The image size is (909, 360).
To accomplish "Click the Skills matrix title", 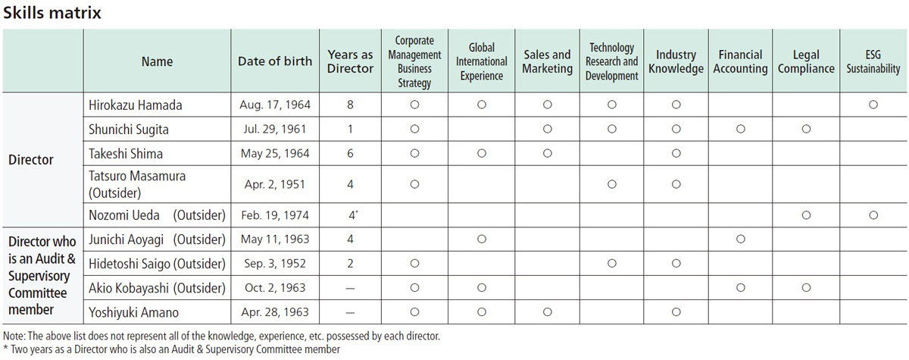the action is pyautogui.click(x=52, y=13).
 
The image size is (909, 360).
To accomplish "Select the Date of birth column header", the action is pyautogui.click(x=275, y=61).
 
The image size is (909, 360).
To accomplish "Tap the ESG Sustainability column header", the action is pyautogui.click(x=873, y=61).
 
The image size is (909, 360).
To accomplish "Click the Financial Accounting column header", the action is pyautogui.click(x=740, y=61).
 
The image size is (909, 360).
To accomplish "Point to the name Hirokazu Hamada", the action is pyautogui.click(x=135, y=105).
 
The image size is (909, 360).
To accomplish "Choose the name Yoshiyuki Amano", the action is pyautogui.click(x=133, y=312).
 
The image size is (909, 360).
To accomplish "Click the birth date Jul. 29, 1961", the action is pyautogui.click(x=275, y=129).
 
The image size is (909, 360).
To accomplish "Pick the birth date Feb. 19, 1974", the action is pyautogui.click(x=275, y=214).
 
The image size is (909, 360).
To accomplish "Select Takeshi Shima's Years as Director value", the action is pyautogui.click(x=350, y=153).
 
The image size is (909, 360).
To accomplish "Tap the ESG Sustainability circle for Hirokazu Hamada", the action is pyautogui.click(x=873, y=105).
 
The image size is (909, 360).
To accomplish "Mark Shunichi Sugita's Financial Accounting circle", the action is pyautogui.click(x=741, y=129).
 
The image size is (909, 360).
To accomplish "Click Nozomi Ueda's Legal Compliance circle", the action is pyautogui.click(x=806, y=215).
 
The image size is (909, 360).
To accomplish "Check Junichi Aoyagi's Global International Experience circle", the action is pyautogui.click(x=482, y=239).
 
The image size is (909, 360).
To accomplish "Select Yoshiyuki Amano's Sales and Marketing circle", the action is pyautogui.click(x=548, y=312).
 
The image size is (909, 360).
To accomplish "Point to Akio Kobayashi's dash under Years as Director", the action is pyautogui.click(x=350, y=289).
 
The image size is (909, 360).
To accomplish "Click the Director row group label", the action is pyautogui.click(x=31, y=159).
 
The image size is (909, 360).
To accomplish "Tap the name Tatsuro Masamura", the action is pyautogui.click(x=137, y=176).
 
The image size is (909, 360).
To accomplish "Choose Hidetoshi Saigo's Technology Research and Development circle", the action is pyautogui.click(x=612, y=264).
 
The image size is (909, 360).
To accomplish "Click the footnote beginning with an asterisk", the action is pyautogui.click(x=171, y=349).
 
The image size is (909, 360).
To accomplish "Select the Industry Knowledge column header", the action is pyautogui.click(x=676, y=61).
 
